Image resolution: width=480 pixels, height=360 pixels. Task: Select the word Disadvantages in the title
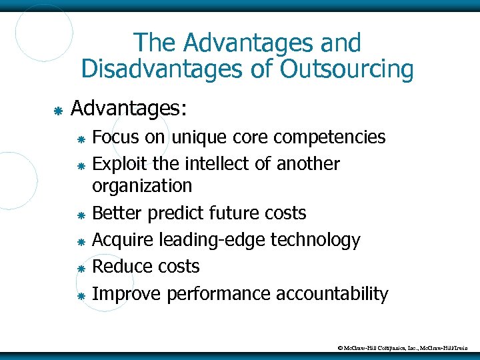pyautogui.click(x=157, y=69)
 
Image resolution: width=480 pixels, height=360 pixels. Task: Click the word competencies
pyautogui.click(x=330, y=138)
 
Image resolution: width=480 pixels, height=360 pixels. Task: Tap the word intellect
pyautogui.click(x=216, y=163)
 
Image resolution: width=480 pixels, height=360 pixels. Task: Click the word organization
pyautogui.click(x=142, y=185)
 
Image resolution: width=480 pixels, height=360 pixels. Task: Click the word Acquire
pyautogui.click(x=123, y=240)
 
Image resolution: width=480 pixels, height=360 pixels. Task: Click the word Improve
pyautogui.click(x=127, y=294)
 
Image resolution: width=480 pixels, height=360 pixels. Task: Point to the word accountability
pyautogui.click(x=336, y=294)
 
